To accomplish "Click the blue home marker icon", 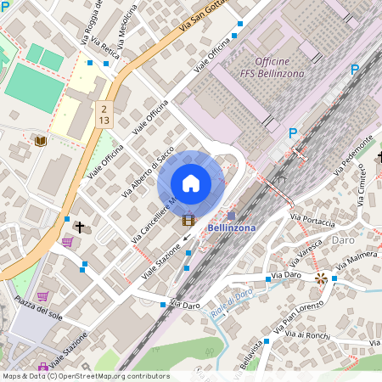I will tap(191, 183).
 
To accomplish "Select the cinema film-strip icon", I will tap(188, 220).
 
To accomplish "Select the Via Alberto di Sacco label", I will tap(149, 171).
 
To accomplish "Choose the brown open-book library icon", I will tap(40, 141).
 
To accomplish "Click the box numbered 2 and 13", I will tap(103, 115).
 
